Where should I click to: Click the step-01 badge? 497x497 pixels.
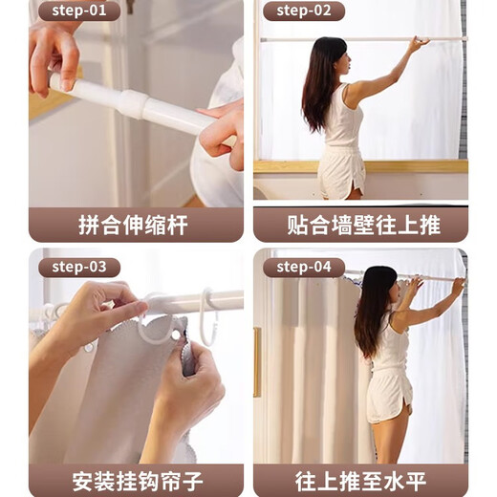point(78,11)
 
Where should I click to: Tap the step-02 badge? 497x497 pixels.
point(304,11)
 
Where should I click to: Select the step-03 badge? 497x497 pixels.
point(78,268)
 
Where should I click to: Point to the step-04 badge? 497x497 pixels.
point(304,268)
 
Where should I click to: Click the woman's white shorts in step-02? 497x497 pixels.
point(342,172)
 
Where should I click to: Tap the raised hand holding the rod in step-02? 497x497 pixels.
point(416,43)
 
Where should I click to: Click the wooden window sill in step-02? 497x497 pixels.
point(401,165)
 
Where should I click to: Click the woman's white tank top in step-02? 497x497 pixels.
point(342,119)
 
